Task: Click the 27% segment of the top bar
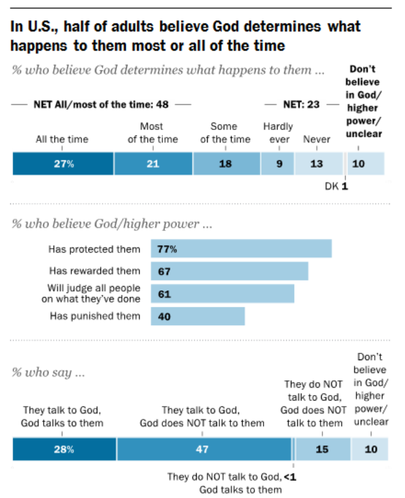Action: click(x=63, y=164)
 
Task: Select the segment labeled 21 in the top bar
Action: click(x=153, y=164)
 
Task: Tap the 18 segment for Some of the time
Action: click(x=227, y=164)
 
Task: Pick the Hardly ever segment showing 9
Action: click(x=278, y=164)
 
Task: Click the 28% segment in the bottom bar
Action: click(x=64, y=450)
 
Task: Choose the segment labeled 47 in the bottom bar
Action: click(x=204, y=450)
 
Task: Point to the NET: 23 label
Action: click(x=300, y=104)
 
